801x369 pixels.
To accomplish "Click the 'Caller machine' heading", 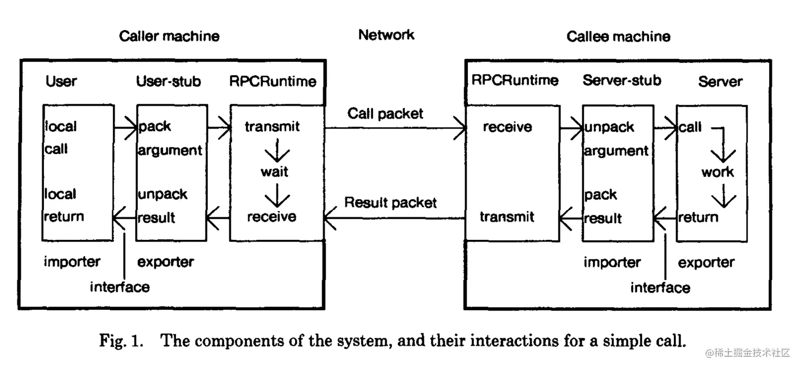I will click(169, 36).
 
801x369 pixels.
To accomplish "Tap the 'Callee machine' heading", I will click(618, 37).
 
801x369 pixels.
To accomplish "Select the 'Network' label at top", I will click(386, 35).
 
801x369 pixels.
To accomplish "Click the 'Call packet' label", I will click(385, 113).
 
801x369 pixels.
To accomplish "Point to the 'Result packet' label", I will click(390, 202).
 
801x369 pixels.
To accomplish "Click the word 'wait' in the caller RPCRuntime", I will click(274, 172).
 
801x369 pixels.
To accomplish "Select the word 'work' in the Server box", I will click(717, 172).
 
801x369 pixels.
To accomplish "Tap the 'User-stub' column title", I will click(168, 81).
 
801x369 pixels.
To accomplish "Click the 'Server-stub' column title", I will click(622, 80).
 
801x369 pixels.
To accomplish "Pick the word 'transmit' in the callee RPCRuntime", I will click(507, 217).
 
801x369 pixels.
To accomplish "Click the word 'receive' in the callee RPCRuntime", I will click(507, 127).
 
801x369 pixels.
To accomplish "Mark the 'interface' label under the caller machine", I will click(120, 287).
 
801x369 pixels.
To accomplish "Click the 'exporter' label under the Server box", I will click(706, 263).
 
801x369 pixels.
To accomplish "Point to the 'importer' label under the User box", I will click(72, 262).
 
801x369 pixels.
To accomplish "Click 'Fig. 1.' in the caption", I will click(121, 340).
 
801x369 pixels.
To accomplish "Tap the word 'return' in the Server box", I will click(698, 217).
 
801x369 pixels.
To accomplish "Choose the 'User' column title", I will click(61, 81).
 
